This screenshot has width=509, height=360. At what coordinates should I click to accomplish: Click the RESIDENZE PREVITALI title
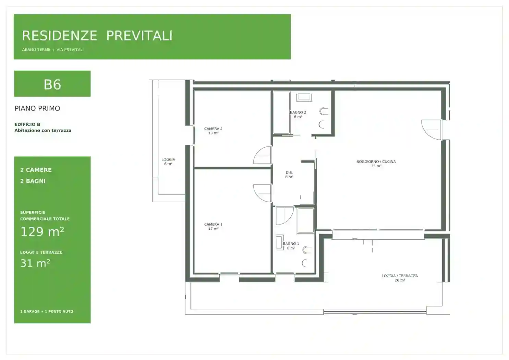pos(97,36)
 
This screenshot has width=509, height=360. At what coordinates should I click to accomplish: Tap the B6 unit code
pos(52,85)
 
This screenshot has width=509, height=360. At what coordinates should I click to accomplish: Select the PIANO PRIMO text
pos(37,108)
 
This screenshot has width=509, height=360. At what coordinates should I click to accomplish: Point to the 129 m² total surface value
pos(42,231)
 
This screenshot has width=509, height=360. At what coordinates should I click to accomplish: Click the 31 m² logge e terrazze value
pos(35,263)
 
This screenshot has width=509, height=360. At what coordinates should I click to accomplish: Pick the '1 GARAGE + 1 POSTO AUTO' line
pos(47,311)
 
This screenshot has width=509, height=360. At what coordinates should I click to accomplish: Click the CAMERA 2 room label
pos(213,131)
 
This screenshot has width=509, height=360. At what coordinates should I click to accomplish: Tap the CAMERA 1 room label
pos(213,226)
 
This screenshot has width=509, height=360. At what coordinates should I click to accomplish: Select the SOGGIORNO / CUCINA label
pos(376,164)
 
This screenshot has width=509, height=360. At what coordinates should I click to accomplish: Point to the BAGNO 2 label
pos(298,114)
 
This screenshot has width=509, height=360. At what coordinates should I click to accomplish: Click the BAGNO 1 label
pos(291,246)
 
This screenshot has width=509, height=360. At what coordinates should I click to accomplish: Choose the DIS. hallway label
pos(289,175)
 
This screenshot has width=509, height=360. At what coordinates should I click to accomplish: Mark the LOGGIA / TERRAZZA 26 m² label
pos(400,278)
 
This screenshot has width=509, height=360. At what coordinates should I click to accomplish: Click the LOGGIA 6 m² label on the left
pos(168,161)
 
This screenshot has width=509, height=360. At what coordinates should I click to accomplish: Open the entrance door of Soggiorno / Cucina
pos(431,130)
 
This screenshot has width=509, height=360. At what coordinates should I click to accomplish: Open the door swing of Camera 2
pos(263,155)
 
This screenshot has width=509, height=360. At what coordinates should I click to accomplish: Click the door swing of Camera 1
pos(263,193)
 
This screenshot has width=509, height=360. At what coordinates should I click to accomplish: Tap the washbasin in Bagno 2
pos(304,97)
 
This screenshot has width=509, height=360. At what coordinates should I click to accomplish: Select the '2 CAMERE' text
pos(36,170)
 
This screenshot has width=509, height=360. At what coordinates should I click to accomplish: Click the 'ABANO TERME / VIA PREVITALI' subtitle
pos(53,50)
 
